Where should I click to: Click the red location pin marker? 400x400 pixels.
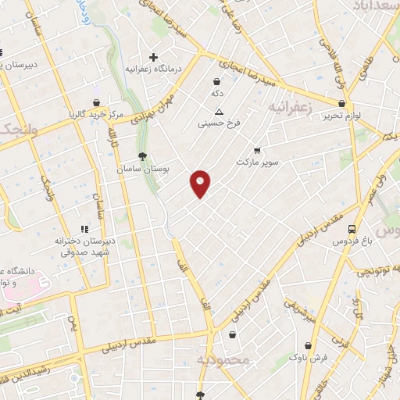click(201, 184)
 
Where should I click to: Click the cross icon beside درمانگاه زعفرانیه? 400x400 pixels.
click(154, 57)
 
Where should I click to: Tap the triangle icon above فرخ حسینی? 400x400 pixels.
click(219, 111)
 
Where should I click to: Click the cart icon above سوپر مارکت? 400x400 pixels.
click(257, 151)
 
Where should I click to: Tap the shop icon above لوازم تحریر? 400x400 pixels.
click(341, 104)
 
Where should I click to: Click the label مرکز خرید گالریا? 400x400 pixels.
click(95, 114)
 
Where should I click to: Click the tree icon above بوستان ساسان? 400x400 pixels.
click(141, 156)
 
